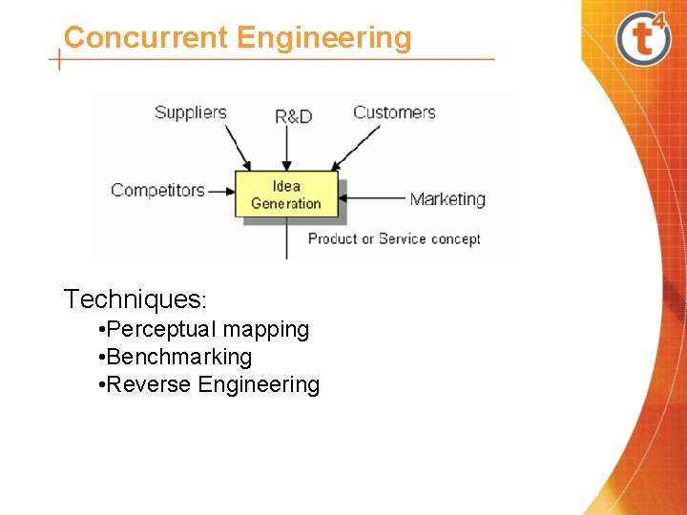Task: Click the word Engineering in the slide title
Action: click(324, 39)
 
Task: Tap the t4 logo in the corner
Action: click(645, 37)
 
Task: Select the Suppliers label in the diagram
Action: click(190, 113)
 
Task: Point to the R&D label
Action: click(293, 116)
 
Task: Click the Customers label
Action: click(394, 113)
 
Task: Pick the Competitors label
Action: click(157, 190)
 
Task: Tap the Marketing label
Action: click(448, 199)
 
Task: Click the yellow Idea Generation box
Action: click(286, 195)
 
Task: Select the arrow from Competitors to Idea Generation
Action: click(221, 191)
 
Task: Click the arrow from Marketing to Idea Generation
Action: click(373, 198)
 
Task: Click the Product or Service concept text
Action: click(394, 238)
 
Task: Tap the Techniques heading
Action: click(133, 299)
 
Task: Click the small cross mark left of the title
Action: click(60, 60)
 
